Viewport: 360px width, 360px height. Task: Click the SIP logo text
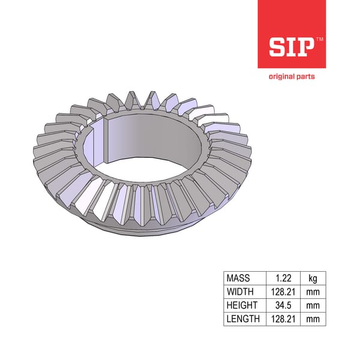pos(290,47)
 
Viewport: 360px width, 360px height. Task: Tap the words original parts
pos(292,76)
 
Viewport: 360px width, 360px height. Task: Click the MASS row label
pos(238,278)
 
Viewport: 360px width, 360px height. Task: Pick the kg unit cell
pos(313,278)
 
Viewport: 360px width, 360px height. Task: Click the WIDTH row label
pos(240,292)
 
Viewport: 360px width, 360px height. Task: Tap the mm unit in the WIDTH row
pos(313,292)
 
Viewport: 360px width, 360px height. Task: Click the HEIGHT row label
pos(241,305)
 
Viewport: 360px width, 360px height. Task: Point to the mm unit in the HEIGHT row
pos(313,305)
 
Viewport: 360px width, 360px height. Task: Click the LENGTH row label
pos(243,319)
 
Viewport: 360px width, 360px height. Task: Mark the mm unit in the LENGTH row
pos(313,319)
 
